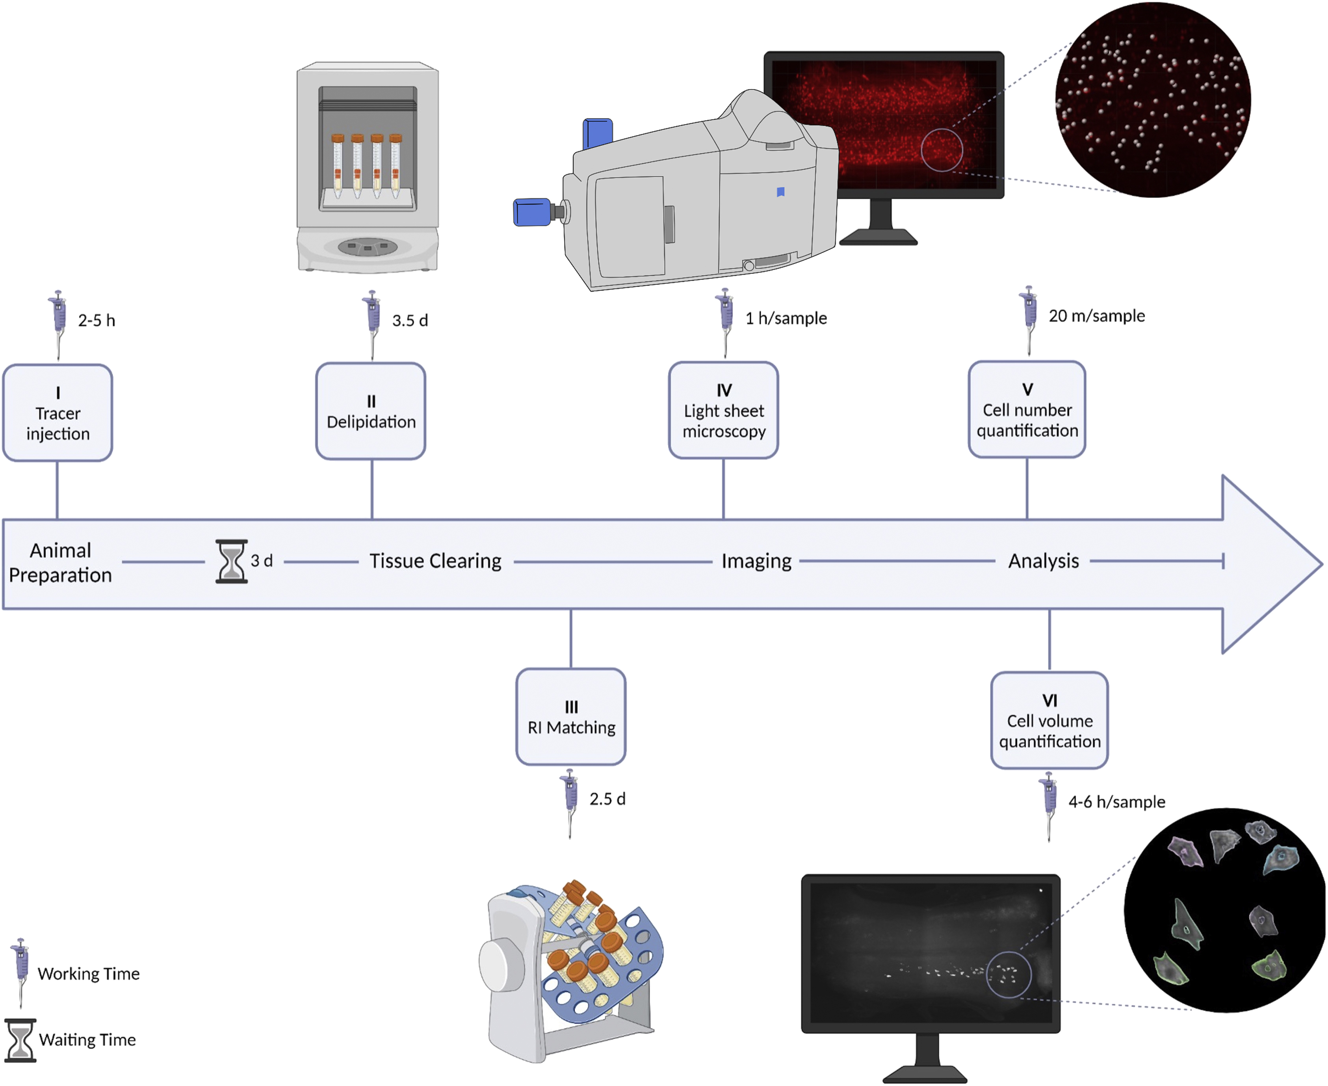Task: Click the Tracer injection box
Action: pos(58,413)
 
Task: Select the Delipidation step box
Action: pos(371,412)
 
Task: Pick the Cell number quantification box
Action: pos(1027,410)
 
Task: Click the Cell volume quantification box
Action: pos(1049,721)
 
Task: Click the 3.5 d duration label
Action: pos(410,321)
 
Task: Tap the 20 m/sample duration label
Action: pos(1096,316)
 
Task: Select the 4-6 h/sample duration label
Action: pos(1116,802)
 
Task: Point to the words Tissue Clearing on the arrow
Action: pos(435,561)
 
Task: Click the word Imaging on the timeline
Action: pos(756,561)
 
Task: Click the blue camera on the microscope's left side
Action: pos(533,212)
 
